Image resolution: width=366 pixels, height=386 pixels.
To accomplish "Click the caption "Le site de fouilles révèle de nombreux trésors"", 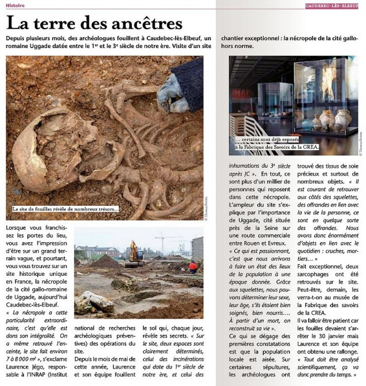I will (66, 209).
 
